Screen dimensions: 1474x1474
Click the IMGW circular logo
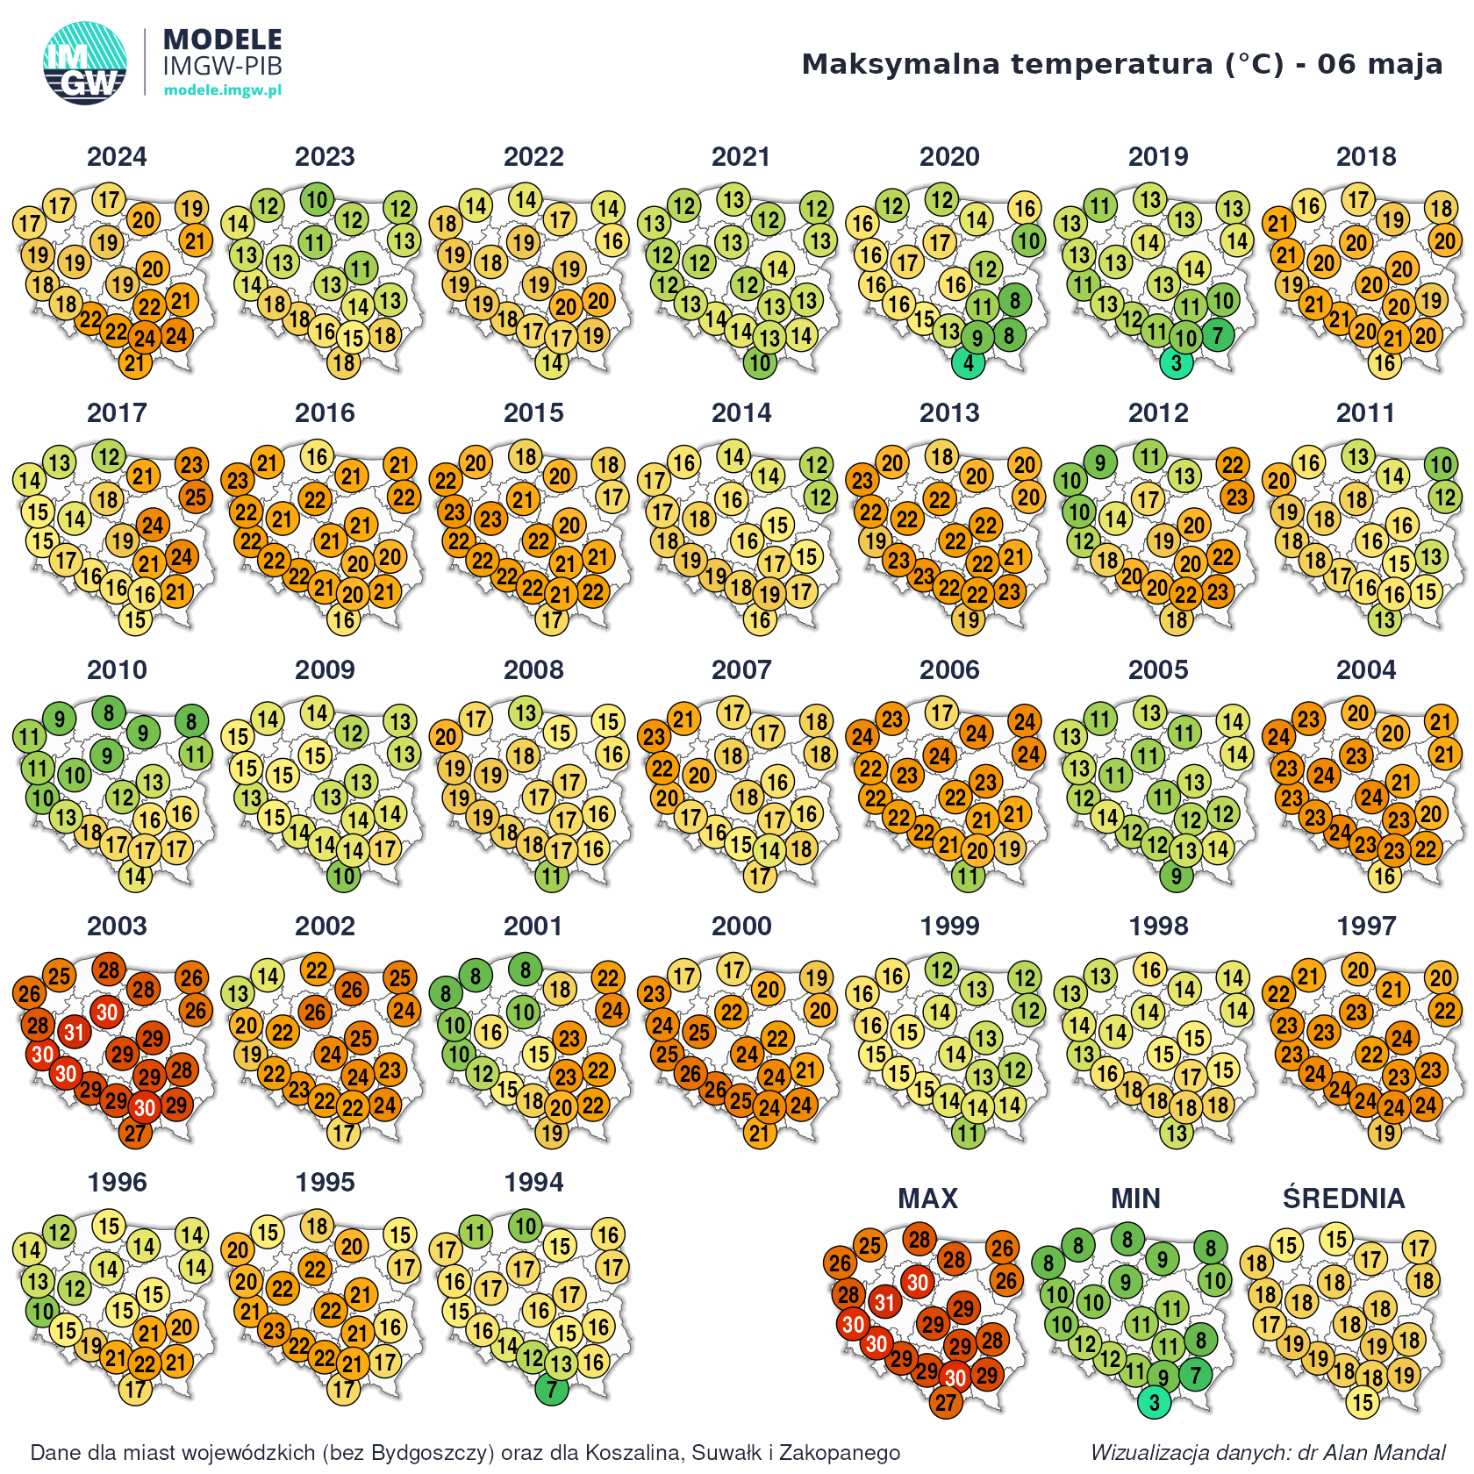coord(84,63)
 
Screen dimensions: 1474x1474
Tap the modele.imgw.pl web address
coord(223,90)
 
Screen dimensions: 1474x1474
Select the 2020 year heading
coord(949,157)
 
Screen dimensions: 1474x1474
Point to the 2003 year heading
coord(117,927)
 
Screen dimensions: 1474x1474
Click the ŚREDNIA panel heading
coord(1343,1199)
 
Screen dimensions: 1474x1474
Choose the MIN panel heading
coord(1135,1199)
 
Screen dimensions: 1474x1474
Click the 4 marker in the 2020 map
coord(969,362)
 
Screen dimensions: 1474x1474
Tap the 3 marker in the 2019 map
coord(1177,362)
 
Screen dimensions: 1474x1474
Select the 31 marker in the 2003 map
coord(74,1032)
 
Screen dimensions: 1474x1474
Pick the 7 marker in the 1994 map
coord(552,1389)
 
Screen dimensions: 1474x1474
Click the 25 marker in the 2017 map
coord(196,497)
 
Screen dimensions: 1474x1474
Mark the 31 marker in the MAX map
coord(884,1302)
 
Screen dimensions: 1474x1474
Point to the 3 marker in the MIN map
coord(1155,1402)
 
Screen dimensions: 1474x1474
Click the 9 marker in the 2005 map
coord(1177,876)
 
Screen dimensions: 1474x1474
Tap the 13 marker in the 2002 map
coord(238,993)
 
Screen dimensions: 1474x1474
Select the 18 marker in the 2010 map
coord(91,832)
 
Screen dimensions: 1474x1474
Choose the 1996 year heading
coord(117,1183)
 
